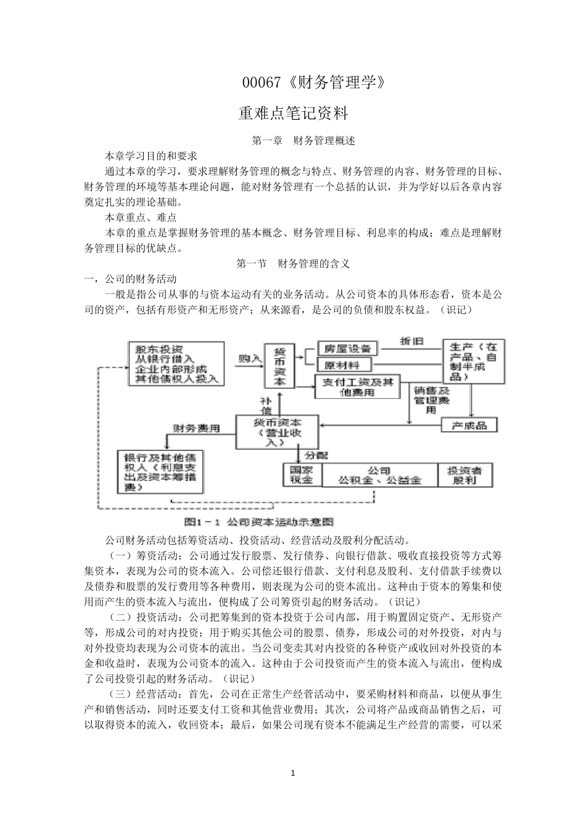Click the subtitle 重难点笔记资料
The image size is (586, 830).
pyautogui.click(x=294, y=114)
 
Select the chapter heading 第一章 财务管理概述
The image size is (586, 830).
pyautogui.click(x=303, y=141)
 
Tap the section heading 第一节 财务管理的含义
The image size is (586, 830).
pyautogui.click(x=294, y=264)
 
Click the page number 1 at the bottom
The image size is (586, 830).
pyautogui.click(x=294, y=773)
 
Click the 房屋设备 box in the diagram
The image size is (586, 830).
pyautogui.click(x=346, y=349)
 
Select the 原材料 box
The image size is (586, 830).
pyautogui.click(x=346, y=365)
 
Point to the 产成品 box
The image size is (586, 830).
pyautogui.click(x=469, y=425)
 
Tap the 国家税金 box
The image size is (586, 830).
pyautogui.click(x=302, y=475)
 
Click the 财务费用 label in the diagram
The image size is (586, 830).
pyautogui.click(x=196, y=428)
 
